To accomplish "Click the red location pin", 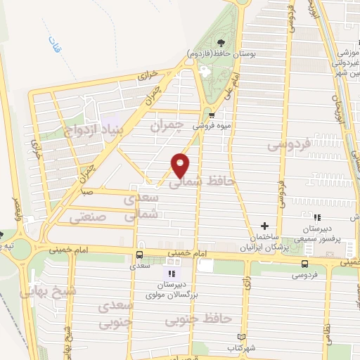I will point(181,165).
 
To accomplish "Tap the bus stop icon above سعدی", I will point(139,255).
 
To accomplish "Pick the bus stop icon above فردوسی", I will point(304,264).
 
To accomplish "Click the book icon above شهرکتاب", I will point(243,337).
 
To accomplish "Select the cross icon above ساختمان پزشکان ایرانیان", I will point(264,226).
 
